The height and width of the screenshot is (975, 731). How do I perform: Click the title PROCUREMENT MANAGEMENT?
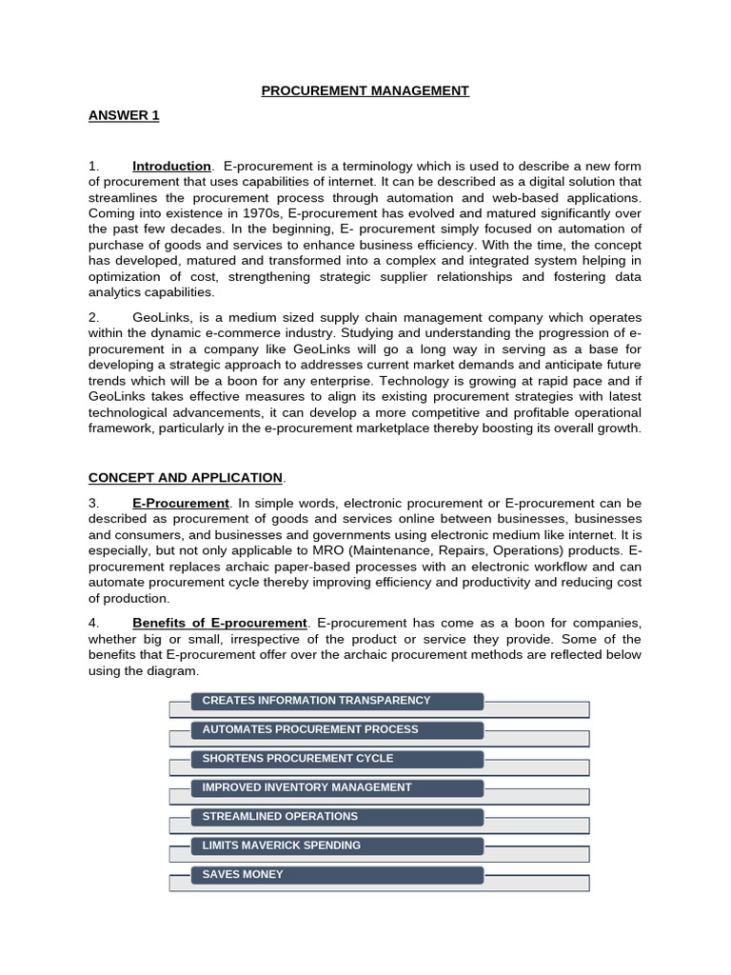[365, 90]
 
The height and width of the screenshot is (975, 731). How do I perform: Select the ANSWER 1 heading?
[124, 115]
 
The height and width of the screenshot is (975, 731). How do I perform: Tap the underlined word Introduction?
[171, 166]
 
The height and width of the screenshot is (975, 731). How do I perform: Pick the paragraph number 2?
[93, 316]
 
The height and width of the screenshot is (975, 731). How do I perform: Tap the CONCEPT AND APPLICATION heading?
[186, 477]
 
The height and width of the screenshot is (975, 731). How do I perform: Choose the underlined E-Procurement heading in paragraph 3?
[181, 502]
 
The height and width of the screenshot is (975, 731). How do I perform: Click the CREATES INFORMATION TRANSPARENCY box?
[338, 701]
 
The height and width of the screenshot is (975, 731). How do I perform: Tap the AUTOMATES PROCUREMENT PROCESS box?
[338, 730]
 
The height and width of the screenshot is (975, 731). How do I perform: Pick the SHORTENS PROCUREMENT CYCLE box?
[338, 759]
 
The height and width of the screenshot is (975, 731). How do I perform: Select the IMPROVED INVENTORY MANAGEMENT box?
[338, 787]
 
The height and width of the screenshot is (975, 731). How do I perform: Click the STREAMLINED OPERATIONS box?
[338, 817]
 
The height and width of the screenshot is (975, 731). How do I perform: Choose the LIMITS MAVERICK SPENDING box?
[338, 846]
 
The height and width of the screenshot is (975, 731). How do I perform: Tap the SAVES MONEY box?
[338, 874]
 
